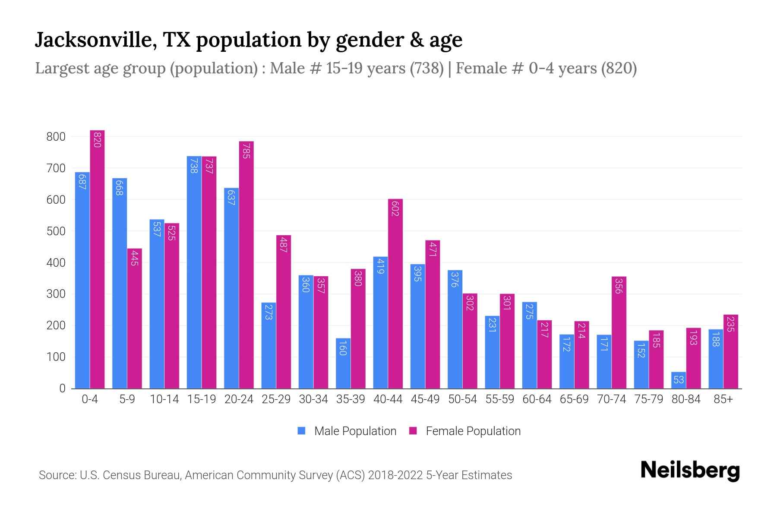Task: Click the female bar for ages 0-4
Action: click(x=97, y=259)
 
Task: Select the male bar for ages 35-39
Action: click(x=343, y=363)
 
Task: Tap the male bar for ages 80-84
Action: click(x=679, y=380)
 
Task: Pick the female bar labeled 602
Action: click(x=395, y=294)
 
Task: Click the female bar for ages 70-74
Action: click(x=619, y=332)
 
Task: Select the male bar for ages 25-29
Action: click(x=268, y=345)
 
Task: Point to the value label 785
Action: click(x=246, y=151)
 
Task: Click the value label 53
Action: click(x=679, y=380)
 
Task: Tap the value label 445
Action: click(x=134, y=258)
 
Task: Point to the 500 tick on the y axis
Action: click(x=56, y=231)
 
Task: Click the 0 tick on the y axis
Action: click(x=62, y=388)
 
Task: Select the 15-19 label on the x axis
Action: click(x=202, y=399)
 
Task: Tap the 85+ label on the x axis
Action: click(x=723, y=399)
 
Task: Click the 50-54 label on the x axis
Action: click(x=462, y=399)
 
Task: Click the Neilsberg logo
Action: click(x=690, y=471)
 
